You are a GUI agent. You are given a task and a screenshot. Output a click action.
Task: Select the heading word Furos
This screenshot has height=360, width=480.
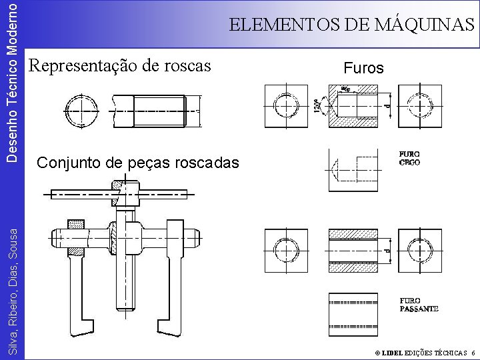[363, 68]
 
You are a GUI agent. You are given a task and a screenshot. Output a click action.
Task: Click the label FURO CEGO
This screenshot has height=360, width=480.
[409, 158]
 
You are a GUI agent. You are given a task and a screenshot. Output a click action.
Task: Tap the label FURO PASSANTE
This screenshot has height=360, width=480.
[419, 305]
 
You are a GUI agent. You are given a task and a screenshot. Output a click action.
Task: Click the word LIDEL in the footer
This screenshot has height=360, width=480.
[392, 352]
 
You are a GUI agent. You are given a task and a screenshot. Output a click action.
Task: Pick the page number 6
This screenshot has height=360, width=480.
[472, 352]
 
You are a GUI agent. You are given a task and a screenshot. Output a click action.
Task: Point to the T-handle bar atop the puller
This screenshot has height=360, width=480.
[120, 195]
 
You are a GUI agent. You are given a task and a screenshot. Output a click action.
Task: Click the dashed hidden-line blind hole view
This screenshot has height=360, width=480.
[353, 169]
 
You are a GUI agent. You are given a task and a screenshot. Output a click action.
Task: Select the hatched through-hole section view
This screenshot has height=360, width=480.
[353, 250]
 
